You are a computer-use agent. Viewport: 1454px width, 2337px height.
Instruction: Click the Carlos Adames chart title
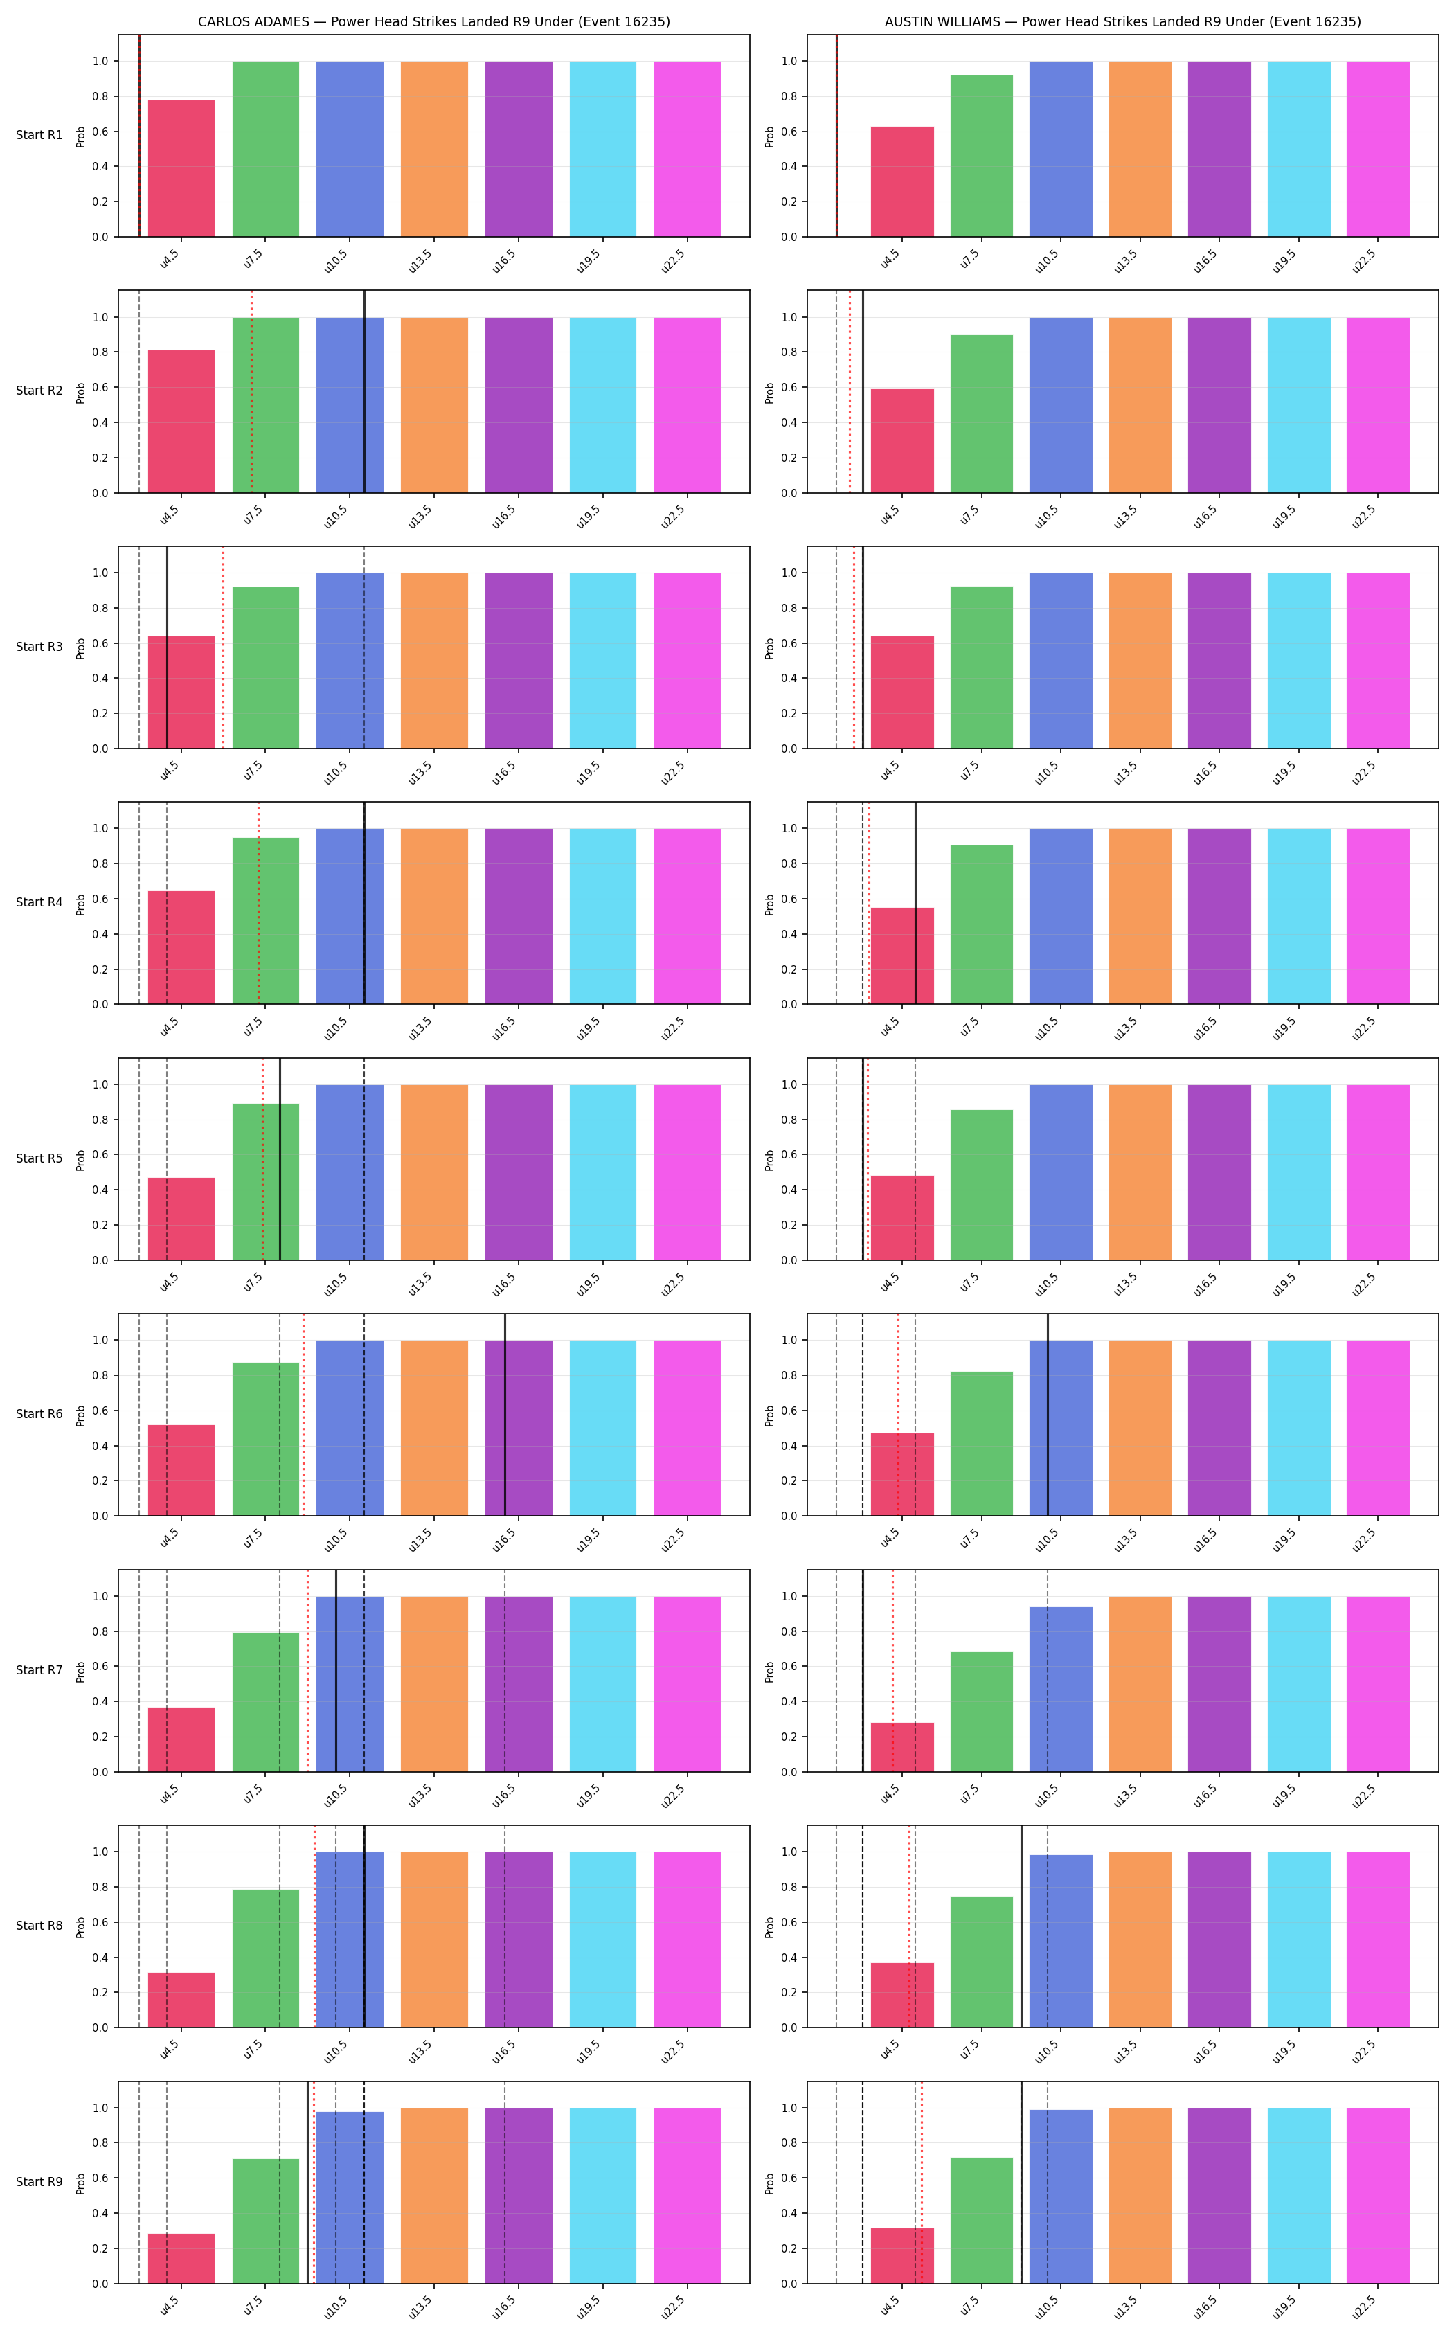[x=433, y=21]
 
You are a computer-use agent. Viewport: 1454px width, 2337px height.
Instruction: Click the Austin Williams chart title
[x=1122, y=21]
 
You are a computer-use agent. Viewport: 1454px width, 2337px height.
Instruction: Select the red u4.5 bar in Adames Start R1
[x=181, y=168]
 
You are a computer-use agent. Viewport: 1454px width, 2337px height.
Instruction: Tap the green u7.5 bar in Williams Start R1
[x=981, y=156]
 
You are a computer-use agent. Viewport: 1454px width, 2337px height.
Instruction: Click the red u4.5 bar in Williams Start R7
[x=902, y=1746]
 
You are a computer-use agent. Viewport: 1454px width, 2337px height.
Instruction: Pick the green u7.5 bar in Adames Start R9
[x=265, y=2221]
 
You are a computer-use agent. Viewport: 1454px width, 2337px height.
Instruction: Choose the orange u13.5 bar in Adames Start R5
[x=433, y=1172]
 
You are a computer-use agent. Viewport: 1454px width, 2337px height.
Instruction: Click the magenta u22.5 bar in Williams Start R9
[x=1377, y=2196]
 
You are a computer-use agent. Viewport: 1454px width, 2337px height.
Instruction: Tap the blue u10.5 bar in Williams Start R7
[x=1061, y=1689]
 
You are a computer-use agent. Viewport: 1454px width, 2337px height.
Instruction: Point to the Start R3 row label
[x=39, y=646]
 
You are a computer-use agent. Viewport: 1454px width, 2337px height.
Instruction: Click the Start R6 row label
[x=39, y=1414]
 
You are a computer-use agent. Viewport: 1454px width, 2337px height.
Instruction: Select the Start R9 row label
[x=39, y=2181]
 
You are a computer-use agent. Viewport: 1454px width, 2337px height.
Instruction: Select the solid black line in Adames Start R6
[x=505, y=1415]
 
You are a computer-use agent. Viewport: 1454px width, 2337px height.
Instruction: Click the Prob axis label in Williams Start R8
[x=769, y=1926]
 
